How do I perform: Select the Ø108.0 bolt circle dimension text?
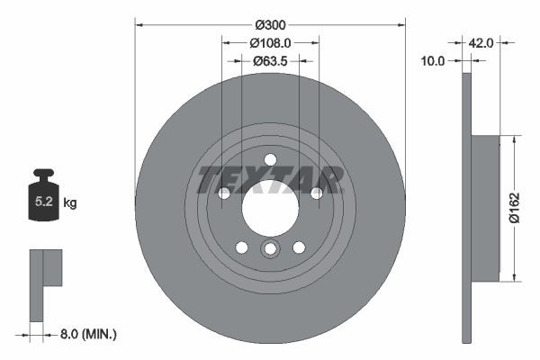coord(270,41)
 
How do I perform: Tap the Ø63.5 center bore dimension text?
coord(270,61)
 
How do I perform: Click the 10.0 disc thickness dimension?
coord(434,60)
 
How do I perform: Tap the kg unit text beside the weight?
coord(70,203)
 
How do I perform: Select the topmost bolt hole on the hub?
coord(270,160)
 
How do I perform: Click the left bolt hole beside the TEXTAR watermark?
coord(224,193)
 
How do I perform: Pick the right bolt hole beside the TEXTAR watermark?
coord(316,193)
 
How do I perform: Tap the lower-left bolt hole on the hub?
coord(241,247)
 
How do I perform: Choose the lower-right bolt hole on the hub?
coord(299,247)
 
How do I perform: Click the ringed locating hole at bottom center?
coord(270,249)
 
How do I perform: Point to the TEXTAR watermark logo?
coord(270,179)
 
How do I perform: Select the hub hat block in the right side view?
coord(486,208)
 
